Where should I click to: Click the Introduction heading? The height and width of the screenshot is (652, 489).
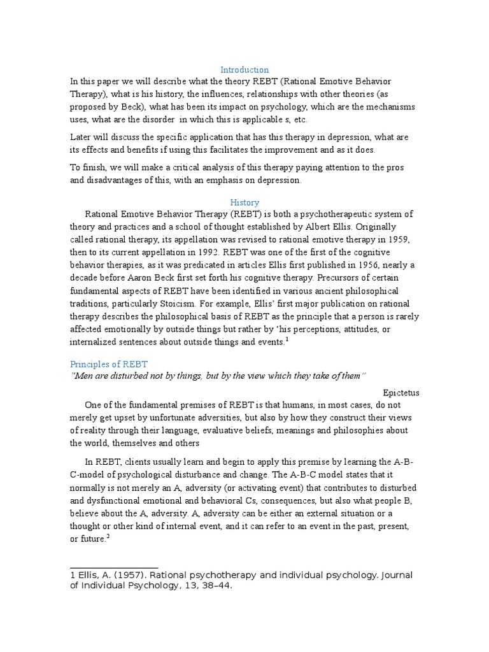244,69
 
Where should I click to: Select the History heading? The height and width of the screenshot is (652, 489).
244,202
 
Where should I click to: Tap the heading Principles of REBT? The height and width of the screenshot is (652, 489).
108,364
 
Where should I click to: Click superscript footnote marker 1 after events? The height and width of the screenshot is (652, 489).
288,340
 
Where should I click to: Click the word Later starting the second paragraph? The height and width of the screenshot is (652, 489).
81,138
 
